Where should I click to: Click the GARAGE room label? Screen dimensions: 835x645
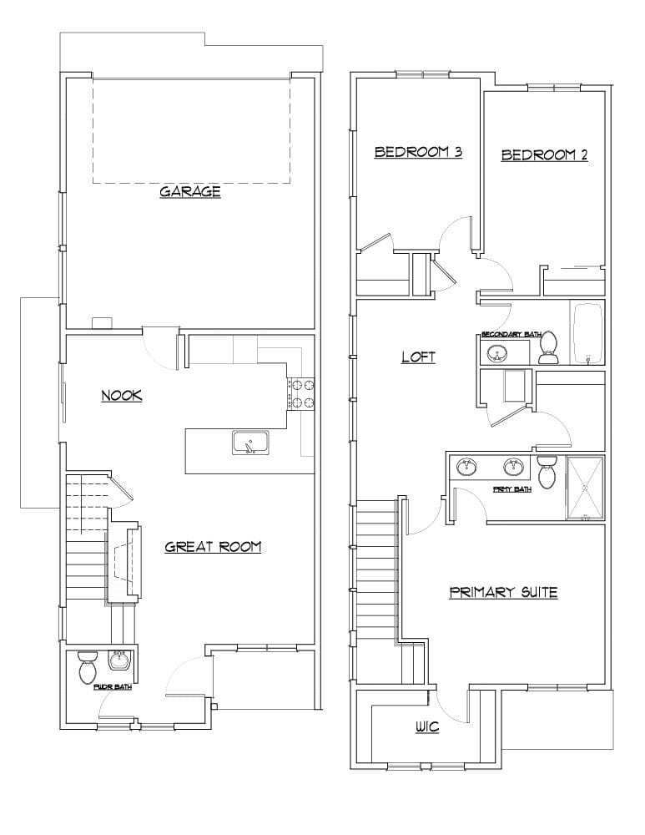coord(190,192)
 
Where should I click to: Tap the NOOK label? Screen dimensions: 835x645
coord(121,396)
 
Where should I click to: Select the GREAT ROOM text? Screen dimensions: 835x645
coord(213,548)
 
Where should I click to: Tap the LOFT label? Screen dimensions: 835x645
coord(419,357)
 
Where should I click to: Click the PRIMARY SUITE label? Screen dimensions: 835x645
coord(503,593)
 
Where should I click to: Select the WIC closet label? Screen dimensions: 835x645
coord(427,727)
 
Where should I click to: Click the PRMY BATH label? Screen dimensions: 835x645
coord(512,489)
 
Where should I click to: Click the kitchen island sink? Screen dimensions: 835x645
coord(249,443)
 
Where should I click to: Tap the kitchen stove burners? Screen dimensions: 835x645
coord(301,394)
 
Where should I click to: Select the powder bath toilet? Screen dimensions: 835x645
coord(88,667)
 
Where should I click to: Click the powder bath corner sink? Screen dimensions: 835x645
coord(120,660)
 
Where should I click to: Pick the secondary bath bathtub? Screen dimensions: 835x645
coord(587,332)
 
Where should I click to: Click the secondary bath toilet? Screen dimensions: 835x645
coord(549,348)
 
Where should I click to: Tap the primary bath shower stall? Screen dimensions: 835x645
coord(584,488)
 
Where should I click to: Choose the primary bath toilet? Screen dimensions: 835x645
coord(547,472)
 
